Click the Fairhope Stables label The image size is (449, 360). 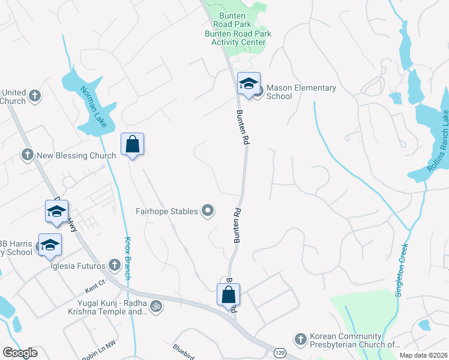coord(167,211)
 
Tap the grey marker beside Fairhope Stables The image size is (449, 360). coord(208,210)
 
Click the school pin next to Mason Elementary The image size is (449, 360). coord(248,85)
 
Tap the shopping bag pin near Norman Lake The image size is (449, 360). coord(133,145)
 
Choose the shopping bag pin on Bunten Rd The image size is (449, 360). coord(228,295)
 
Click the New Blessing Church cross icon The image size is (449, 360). coord(27,155)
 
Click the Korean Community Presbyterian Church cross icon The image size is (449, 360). coord(301,340)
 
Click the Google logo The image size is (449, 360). coord(20,353)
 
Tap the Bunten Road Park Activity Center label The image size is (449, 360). coord(238,38)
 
